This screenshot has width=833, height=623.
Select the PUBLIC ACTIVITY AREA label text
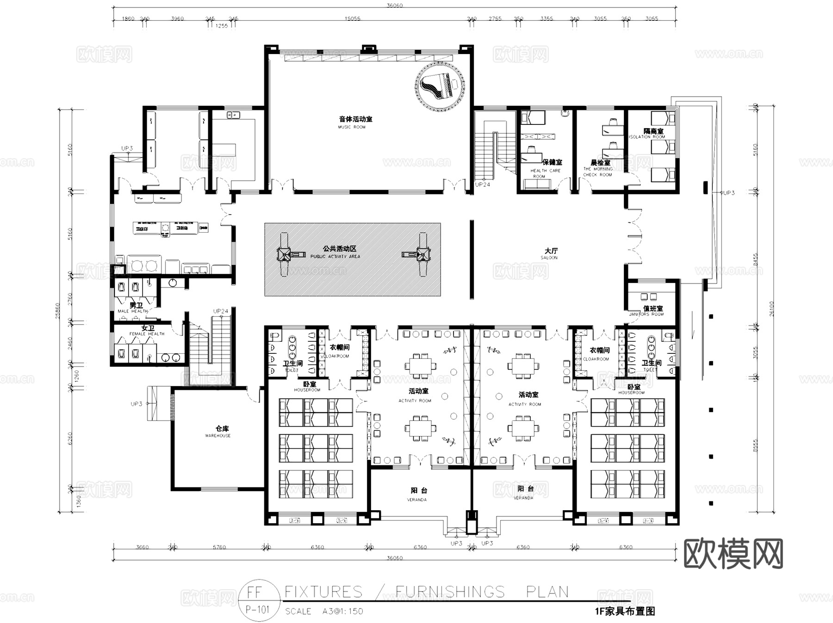[335, 256]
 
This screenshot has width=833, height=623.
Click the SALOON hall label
[549, 258]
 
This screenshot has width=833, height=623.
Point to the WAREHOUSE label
[218, 436]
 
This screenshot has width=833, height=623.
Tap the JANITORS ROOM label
[646, 314]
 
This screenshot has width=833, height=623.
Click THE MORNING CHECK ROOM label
[597, 172]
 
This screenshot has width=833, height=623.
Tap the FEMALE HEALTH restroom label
[147, 333]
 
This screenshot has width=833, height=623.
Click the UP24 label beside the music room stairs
[483, 185]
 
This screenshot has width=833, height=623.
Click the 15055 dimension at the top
[352, 19]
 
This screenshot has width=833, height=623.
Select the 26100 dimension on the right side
[771, 308]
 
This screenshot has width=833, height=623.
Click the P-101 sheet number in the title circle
[257, 609]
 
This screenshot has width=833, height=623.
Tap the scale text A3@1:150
[342, 611]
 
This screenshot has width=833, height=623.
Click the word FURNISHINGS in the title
[450, 592]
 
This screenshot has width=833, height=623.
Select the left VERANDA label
[416, 500]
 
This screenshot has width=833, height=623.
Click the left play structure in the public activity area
[285, 254]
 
